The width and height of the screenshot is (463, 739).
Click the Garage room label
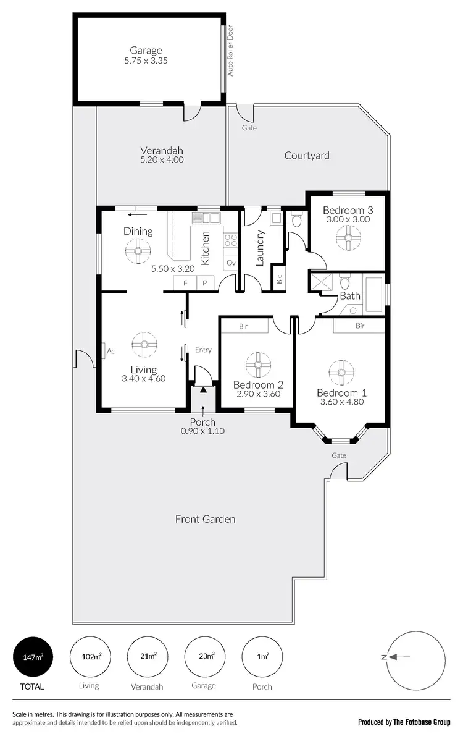click(x=146, y=50)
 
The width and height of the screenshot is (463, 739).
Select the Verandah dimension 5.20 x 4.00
click(x=162, y=160)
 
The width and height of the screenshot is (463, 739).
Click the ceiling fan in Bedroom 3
click(x=348, y=238)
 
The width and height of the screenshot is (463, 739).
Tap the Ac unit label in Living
click(x=111, y=351)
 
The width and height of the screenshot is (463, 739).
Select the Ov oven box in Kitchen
click(x=231, y=263)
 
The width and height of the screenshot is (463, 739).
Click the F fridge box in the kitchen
click(x=184, y=282)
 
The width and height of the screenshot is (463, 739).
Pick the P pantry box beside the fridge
click(x=204, y=282)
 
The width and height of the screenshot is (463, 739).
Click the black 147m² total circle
click(x=33, y=656)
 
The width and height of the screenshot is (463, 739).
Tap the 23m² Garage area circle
click(x=204, y=656)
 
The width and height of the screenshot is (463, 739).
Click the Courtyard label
click(x=307, y=156)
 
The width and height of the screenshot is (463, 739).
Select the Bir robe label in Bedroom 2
click(x=244, y=326)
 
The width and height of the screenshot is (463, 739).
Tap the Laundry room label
click(x=260, y=248)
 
